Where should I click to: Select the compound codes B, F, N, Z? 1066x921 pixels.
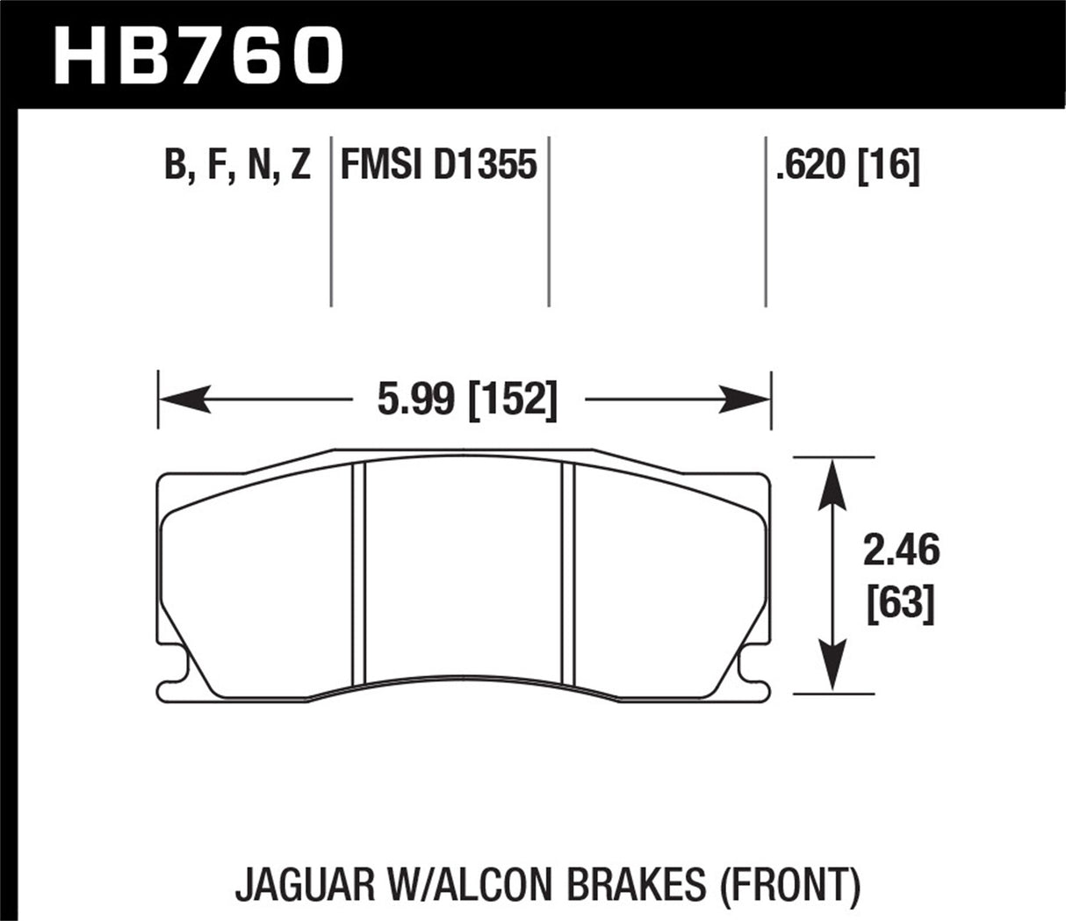tap(237, 165)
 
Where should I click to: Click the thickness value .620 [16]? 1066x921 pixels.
tap(847, 165)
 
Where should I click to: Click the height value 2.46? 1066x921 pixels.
tap(901, 551)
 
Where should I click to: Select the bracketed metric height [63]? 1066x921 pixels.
tap(901, 606)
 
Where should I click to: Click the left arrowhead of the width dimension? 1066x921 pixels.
tap(180, 401)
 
